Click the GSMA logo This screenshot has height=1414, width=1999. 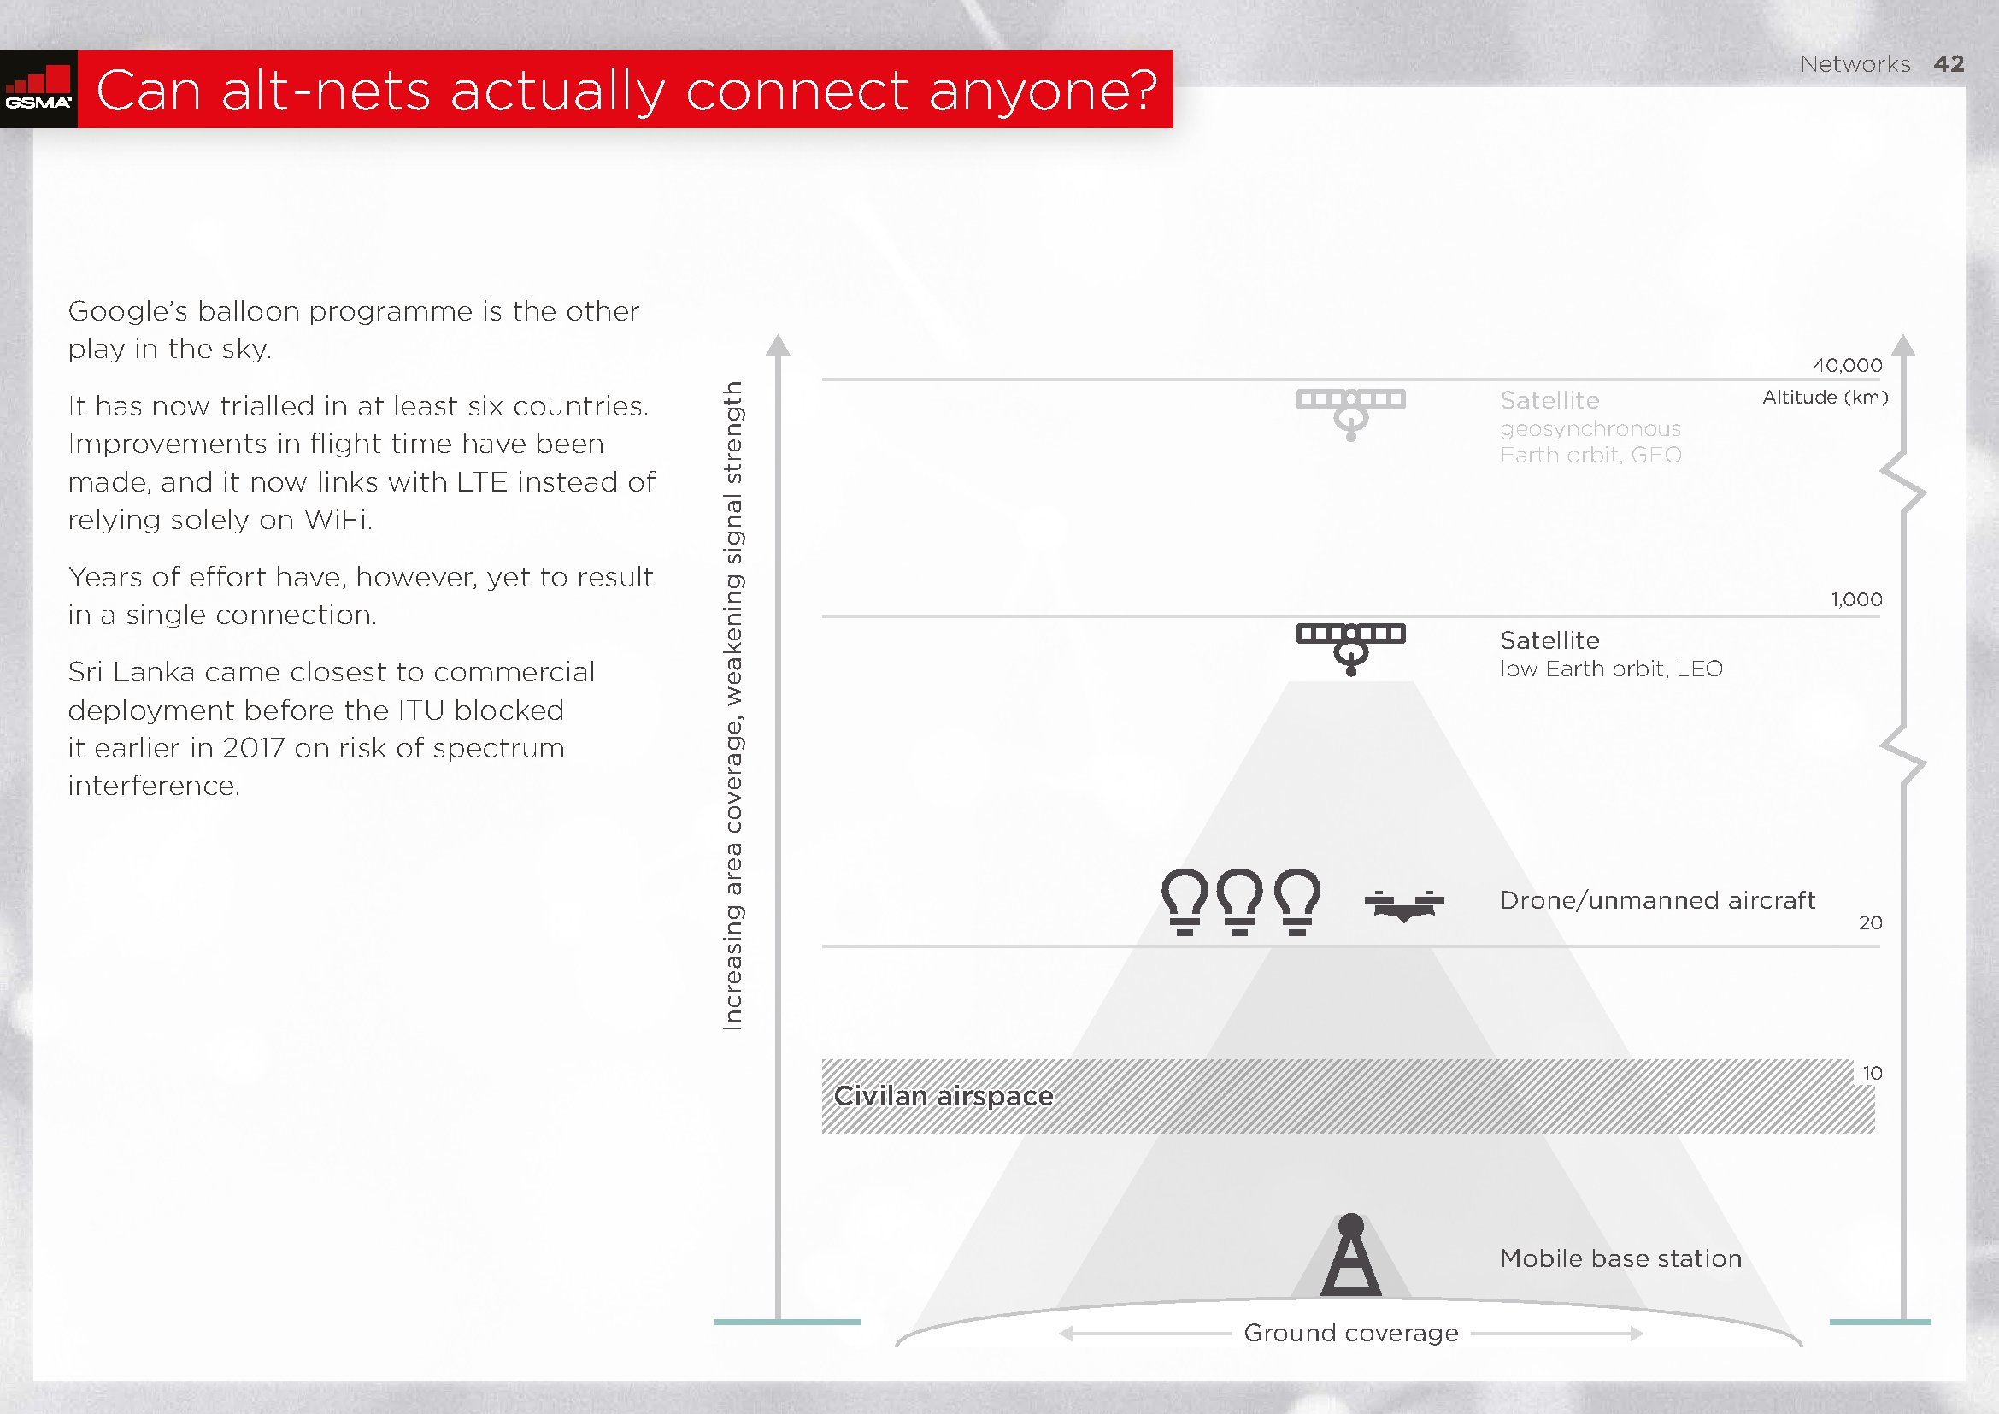[x=38, y=89]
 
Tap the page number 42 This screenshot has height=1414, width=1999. [x=1949, y=63]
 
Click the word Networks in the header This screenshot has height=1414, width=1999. [x=1855, y=64]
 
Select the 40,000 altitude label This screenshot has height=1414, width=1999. [x=1848, y=365]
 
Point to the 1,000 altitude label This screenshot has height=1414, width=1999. [x=1856, y=599]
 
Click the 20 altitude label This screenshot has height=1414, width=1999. [x=1870, y=922]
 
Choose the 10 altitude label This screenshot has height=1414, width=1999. [x=1872, y=1073]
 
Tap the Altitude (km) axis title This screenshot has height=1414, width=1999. [x=1826, y=398]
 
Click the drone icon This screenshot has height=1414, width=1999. [x=1404, y=904]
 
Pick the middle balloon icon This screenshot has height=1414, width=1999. [x=1240, y=901]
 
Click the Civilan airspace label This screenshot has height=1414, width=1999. [x=944, y=1095]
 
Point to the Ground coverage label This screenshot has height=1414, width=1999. [x=1351, y=1333]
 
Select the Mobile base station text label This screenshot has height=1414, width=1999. [x=1621, y=1258]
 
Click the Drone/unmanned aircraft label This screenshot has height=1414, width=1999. [x=1658, y=899]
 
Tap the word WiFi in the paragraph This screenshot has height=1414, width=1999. [x=338, y=520]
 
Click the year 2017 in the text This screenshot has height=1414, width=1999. [x=253, y=748]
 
